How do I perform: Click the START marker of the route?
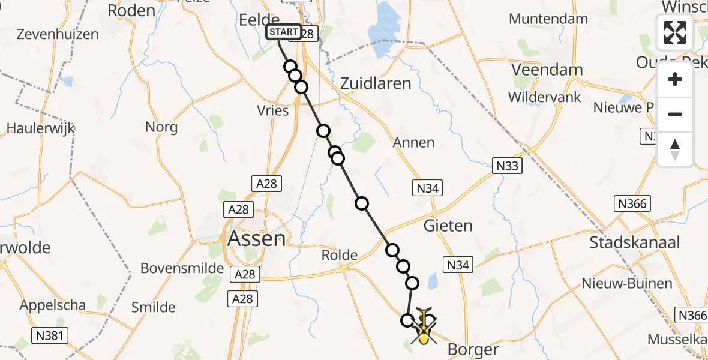point(283,32)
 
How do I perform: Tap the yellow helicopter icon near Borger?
point(424,328)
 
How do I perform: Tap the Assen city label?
point(257,239)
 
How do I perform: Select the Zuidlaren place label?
point(376,84)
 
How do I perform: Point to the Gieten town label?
point(448,226)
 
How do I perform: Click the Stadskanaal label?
point(635,242)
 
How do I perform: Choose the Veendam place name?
point(547,70)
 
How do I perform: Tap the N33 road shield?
point(508,166)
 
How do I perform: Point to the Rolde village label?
point(340,255)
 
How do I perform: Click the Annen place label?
point(413,143)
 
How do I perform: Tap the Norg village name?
point(161,127)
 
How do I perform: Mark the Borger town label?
point(473,349)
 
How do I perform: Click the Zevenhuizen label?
point(58,34)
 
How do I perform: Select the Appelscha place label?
point(53,305)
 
